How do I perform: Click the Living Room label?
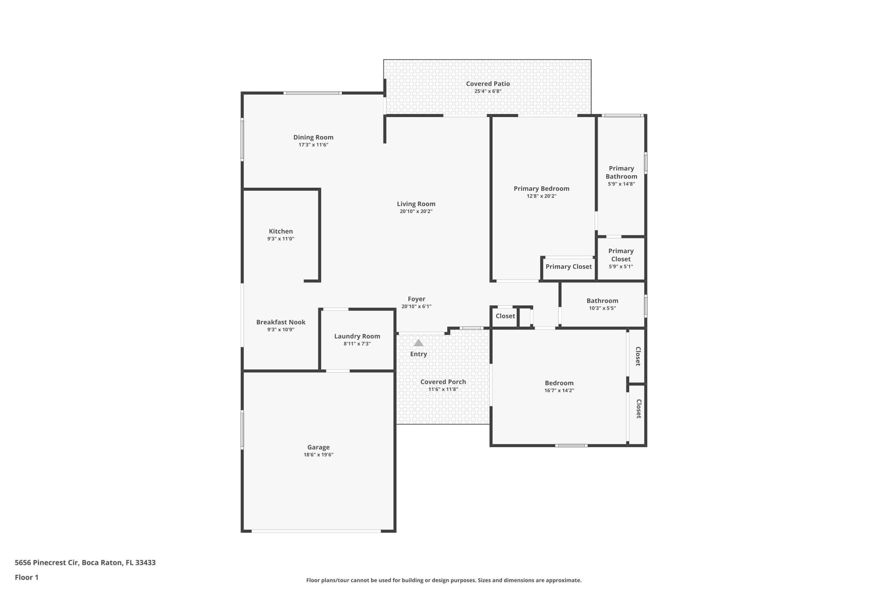pos(416,204)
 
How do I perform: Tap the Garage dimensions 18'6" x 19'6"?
pos(319,454)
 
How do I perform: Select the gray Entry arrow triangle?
pos(418,343)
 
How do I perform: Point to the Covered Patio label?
pos(488,84)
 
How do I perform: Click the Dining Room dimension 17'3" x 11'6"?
pos(313,145)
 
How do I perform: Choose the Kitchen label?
pos(281,231)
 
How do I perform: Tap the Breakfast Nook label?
pos(281,322)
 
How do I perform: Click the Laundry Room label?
pos(357,336)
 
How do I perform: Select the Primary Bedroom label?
pos(542,189)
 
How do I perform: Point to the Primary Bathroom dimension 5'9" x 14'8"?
pos(621,184)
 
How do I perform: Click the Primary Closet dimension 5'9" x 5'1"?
pos(621,266)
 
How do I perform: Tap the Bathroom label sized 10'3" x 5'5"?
pos(602,301)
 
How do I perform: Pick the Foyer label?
pos(416,299)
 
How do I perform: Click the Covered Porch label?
pos(443,382)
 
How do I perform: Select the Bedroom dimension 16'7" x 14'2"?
pos(559,390)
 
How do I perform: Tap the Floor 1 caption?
pos(27,577)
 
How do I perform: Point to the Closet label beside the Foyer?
pos(505,316)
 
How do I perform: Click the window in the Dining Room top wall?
pos(312,93)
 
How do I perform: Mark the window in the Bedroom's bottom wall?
pos(571,446)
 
